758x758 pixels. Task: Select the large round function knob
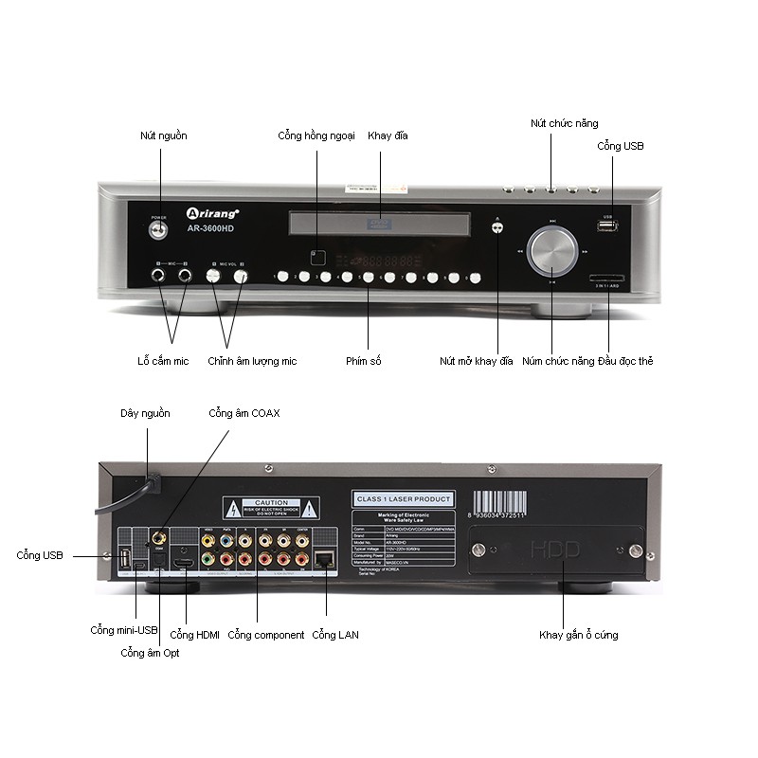pyautogui.click(x=551, y=250)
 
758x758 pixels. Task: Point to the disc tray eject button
pyautogui.click(x=497, y=228)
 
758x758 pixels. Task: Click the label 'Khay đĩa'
pyautogui.click(x=388, y=136)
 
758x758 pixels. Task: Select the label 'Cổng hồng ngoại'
pyautogui.click(x=316, y=136)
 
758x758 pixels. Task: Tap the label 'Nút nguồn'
pyautogui.click(x=164, y=136)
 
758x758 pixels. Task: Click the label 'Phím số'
pyautogui.click(x=364, y=361)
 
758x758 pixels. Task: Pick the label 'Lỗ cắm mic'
pyautogui.click(x=162, y=361)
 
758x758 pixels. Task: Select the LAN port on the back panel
pyautogui.click(x=324, y=559)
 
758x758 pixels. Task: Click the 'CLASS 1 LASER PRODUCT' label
pyautogui.click(x=403, y=499)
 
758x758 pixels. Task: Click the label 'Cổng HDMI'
pyautogui.click(x=194, y=635)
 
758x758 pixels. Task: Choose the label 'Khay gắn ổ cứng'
pyautogui.click(x=579, y=635)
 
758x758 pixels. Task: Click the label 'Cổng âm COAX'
pyautogui.click(x=244, y=413)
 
